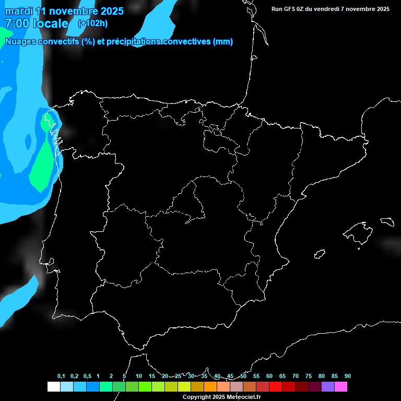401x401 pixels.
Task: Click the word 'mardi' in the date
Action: tap(19, 11)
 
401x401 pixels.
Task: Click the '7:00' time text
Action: tap(17, 23)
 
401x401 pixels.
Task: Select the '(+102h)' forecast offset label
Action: tap(92, 23)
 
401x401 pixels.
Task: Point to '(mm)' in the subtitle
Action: tap(223, 42)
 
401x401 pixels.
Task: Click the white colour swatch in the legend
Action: tap(53, 387)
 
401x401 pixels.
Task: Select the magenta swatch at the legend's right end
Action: tap(341, 387)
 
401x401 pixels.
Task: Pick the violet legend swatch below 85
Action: tap(328, 387)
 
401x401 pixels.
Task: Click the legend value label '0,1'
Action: tap(61, 376)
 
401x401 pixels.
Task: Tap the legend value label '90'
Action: tap(348, 376)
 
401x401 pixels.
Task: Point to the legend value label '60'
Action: tap(269, 376)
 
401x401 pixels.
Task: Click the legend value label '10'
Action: tap(139, 376)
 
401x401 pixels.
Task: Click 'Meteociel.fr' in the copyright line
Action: tap(243, 397)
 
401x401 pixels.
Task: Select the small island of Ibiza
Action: tap(320, 254)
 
